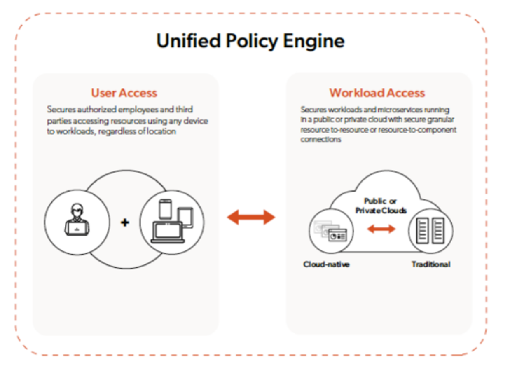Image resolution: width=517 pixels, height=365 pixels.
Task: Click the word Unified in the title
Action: (x=188, y=41)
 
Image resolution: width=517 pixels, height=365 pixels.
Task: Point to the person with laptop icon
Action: (x=77, y=220)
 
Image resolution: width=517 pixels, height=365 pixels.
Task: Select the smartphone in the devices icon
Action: (x=165, y=209)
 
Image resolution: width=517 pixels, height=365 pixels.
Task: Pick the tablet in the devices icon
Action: (x=185, y=218)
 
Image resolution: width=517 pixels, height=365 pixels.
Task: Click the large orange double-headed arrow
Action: (x=251, y=217)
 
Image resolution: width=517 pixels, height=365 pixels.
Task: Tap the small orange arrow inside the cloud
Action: (x=381, y=229)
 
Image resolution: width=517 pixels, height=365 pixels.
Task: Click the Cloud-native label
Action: (x=326, y=264)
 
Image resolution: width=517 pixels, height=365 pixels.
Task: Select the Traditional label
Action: (x=430, y=264)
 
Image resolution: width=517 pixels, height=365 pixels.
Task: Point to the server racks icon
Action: (x=430, y=230)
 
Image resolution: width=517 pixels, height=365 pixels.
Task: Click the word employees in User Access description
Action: (x=137, y=110)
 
